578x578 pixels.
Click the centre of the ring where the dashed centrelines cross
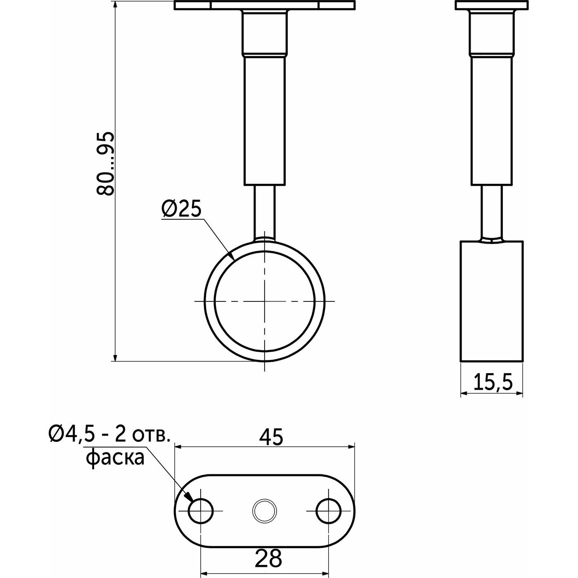point(264,301)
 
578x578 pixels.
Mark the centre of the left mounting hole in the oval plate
point(201,511)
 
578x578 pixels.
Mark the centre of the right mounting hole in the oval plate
point(329,511)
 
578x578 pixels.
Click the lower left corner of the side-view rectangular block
point(460,361)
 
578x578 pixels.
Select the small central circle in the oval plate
point(265,511)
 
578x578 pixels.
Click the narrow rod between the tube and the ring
point(265,212)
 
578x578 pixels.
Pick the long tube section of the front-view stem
point(265,121)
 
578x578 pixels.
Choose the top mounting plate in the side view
point(491,5)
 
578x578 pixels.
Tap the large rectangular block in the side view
point(492,301)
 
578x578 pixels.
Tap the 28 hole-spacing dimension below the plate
point(268,558)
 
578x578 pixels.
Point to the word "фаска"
point(115,459)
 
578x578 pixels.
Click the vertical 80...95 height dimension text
point(105,163)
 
